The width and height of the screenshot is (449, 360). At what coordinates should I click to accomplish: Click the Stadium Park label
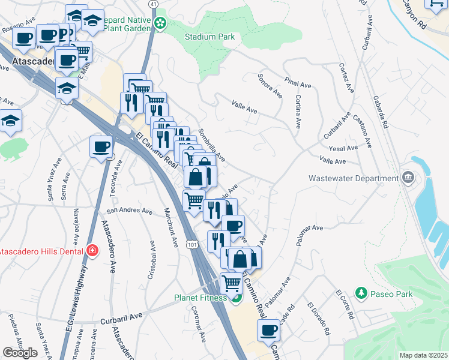click(209, 37)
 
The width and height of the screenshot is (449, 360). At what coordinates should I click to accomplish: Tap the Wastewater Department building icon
click(409, 177)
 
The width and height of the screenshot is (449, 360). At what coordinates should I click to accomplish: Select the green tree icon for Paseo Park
click(361, 293)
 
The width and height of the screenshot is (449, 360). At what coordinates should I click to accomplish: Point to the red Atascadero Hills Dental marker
click(92, 251)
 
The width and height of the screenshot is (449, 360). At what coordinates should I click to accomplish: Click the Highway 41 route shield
click(154, 4)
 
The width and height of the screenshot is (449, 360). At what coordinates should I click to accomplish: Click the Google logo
click(20, 353)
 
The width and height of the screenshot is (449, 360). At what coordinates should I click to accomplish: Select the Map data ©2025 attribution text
click(423, 355)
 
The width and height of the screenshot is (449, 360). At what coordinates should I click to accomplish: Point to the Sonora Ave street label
click(270, 85)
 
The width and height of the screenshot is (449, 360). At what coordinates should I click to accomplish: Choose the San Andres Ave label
click(129, 211)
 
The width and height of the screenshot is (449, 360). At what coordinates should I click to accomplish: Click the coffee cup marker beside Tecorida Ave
click(101, 146)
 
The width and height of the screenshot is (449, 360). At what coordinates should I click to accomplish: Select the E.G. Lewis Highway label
click(78, 297)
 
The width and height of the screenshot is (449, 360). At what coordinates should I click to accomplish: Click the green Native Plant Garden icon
click(160, 23)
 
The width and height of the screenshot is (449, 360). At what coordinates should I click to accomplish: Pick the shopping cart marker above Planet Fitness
click(231, 282)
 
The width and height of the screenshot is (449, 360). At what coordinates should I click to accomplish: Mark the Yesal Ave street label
click(344, 148)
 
